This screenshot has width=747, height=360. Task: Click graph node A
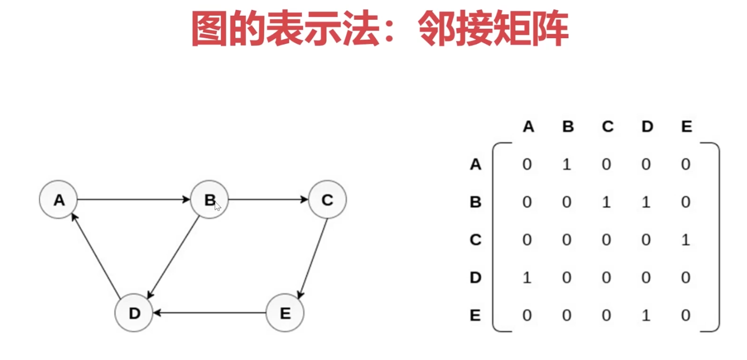(x=59, y=199)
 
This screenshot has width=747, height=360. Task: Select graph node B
(x=209, y=199)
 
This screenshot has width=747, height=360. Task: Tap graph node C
(x=327, y=199)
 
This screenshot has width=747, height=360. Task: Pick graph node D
(x=134, y=313)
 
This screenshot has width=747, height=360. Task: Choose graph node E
(x=285, y=313)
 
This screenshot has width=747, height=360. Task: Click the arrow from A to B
(x=133, y=199)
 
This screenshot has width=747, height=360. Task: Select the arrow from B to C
(x=268, y=199)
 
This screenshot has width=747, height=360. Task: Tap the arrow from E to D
(x=209, y=313)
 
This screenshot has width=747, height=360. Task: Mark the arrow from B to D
(x=173, y=257)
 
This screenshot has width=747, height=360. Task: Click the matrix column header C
(x=607, y=127)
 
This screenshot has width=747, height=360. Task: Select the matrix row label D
(x=476, y=277)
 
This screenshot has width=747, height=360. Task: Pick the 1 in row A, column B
(x=567, y=164)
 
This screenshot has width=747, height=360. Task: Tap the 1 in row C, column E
(x=686, y=240)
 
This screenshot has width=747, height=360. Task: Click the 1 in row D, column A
(x=527, y=277)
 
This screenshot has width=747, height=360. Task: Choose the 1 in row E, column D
(x=646, y=315)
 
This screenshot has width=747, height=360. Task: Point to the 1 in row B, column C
(x=606, y=202)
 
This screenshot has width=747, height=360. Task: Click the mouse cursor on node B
(x=218, y=206)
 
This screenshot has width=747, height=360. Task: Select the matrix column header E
(x=686, y=127)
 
